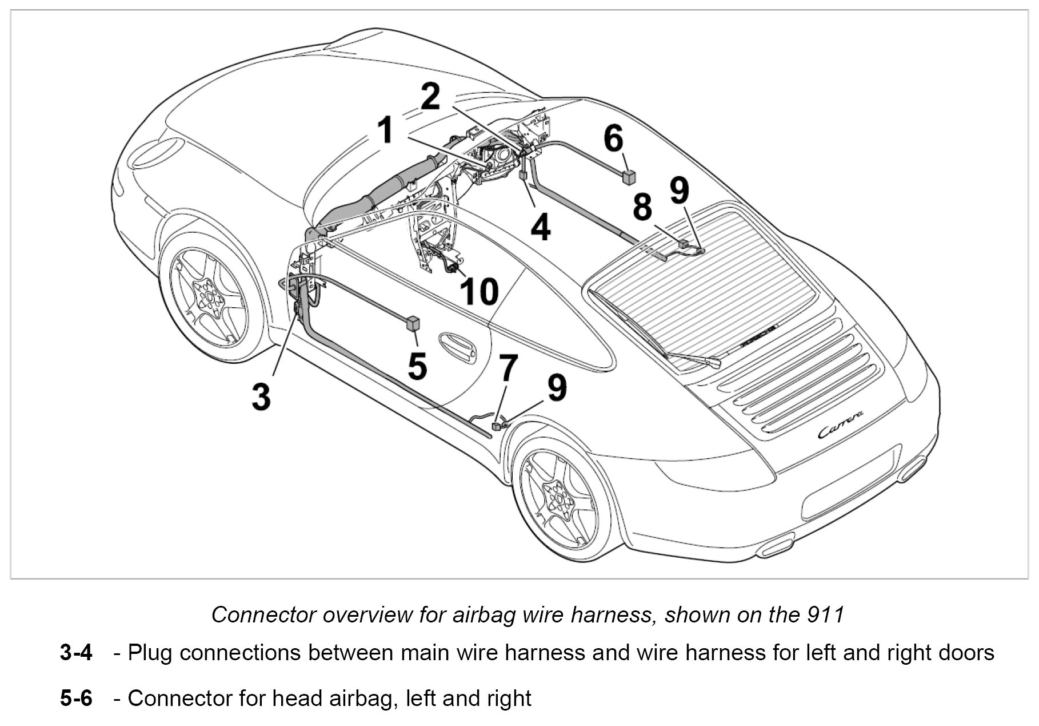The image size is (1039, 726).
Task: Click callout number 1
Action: tap(387, 130)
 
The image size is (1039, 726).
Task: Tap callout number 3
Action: tap(261, 396)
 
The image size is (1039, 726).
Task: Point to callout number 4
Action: tap(540, 227)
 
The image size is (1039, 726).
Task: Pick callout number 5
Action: tap(417, 366)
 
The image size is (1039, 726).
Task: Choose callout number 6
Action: tap(613, 138)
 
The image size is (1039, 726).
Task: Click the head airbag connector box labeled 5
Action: tap(413, 323)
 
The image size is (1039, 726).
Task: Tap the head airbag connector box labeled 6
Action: tap(629, 176)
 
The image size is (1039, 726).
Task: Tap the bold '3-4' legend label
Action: tap(76, 653)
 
